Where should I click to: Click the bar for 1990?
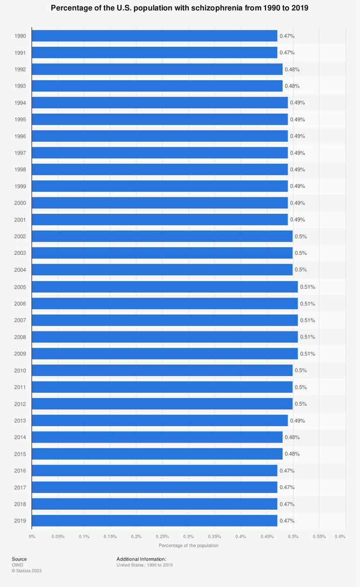click(155, 36)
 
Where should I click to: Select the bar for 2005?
click(165, 287)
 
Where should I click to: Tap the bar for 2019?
click(155, 520)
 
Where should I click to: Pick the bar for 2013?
click(160, 420)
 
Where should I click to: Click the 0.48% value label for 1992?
click(292, 69)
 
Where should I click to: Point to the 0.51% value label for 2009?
click(307, 354)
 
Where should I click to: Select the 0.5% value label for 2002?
click(300, 236)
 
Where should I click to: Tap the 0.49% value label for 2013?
click(297, 420)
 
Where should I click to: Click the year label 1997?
click(20, 153)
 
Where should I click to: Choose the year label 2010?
click(20, 370)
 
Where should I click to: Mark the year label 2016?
click(20, 471)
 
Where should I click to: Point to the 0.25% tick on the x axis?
click(162, 537)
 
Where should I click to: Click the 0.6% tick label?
click(340, 537)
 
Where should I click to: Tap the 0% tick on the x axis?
click(32, 537)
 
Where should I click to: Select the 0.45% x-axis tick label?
click(267, 537)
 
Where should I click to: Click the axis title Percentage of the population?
click(188, 545)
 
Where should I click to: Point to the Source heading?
click(20, 559)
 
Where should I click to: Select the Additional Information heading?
click(141, 559)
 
